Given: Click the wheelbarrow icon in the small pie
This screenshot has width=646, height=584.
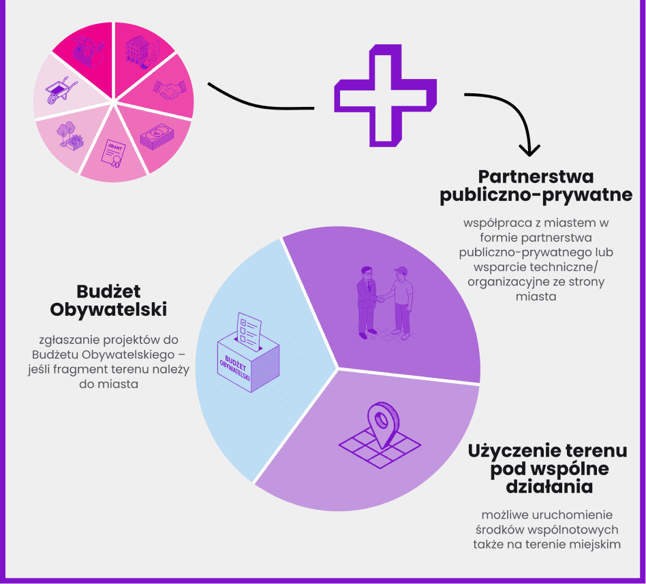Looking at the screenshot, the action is coord(61,90).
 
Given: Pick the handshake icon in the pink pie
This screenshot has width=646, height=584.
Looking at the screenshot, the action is coord(168,90).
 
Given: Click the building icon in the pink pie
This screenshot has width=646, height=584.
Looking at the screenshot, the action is coord(141,51).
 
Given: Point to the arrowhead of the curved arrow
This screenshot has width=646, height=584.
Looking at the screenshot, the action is coord(529,148).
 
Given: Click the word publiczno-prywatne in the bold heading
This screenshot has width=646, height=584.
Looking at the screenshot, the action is coord(536,196).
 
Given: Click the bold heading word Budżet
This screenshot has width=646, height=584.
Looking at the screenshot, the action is coord(108,291).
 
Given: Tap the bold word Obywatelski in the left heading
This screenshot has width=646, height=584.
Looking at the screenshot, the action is coord(109,310).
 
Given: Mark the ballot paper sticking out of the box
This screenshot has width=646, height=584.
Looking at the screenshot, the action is coord(249,327).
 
